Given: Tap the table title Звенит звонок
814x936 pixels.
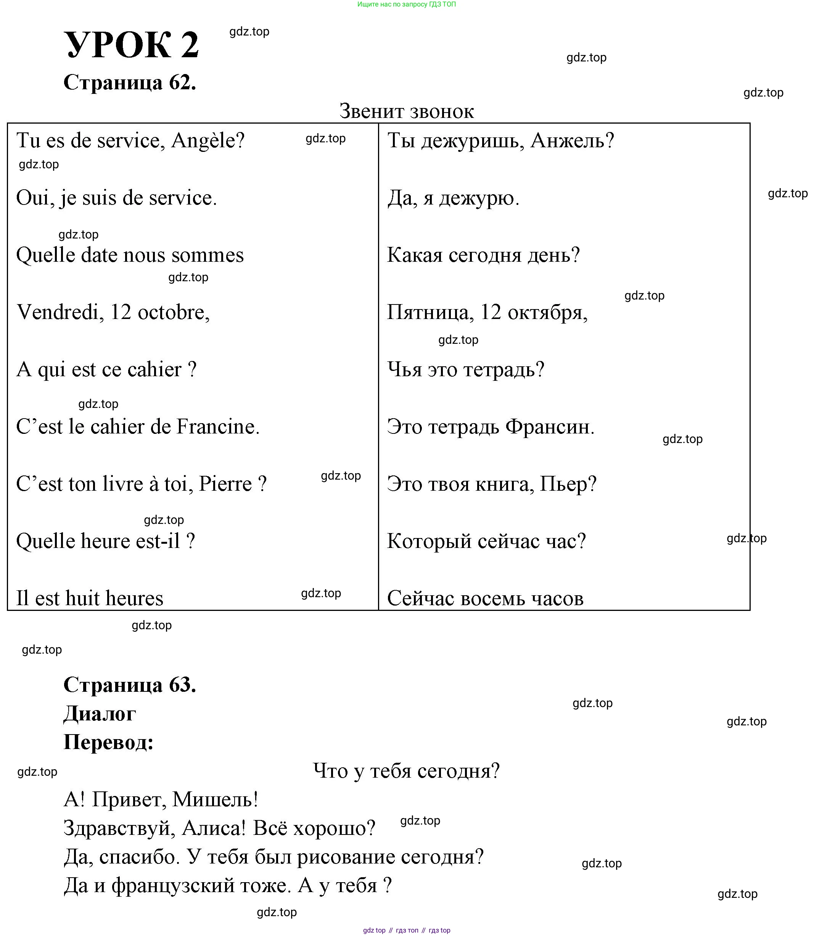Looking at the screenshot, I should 407,111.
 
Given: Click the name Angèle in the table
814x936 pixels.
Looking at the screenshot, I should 208,140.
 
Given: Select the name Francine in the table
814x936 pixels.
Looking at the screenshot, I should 217,427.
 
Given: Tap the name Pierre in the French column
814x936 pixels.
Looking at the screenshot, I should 225,484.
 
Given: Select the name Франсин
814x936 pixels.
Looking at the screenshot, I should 550,427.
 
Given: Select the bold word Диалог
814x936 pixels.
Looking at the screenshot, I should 100,714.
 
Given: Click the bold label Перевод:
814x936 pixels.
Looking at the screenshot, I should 109,742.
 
